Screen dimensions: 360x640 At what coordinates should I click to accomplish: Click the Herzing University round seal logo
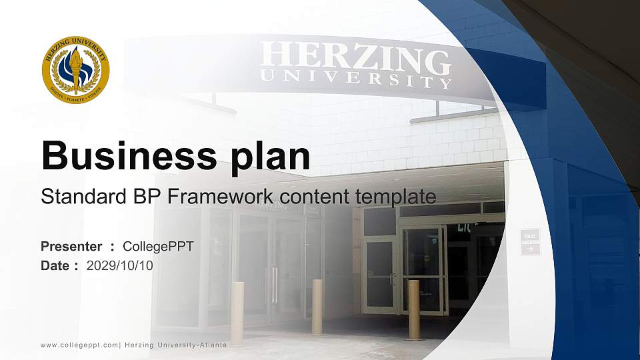point(75,69)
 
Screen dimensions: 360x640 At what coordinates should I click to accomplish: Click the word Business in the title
point(123,157)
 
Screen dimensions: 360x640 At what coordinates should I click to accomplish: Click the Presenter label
point(71,247)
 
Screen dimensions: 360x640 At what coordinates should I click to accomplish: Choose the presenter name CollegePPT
point(159,247)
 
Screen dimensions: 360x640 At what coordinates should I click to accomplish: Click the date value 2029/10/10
point(120,265)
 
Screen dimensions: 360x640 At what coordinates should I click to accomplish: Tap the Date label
point(55,265)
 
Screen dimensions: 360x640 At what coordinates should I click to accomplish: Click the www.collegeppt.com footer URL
point(79,345)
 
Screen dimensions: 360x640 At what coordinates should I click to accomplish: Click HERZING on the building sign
point(355,59)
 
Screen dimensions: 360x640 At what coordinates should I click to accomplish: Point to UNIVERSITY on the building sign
point(355,79)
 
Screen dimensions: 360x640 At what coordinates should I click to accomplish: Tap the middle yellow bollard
point(317,305)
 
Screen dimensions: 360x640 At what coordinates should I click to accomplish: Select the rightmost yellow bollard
point(413,309)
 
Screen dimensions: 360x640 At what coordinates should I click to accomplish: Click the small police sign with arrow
point(530,242)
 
